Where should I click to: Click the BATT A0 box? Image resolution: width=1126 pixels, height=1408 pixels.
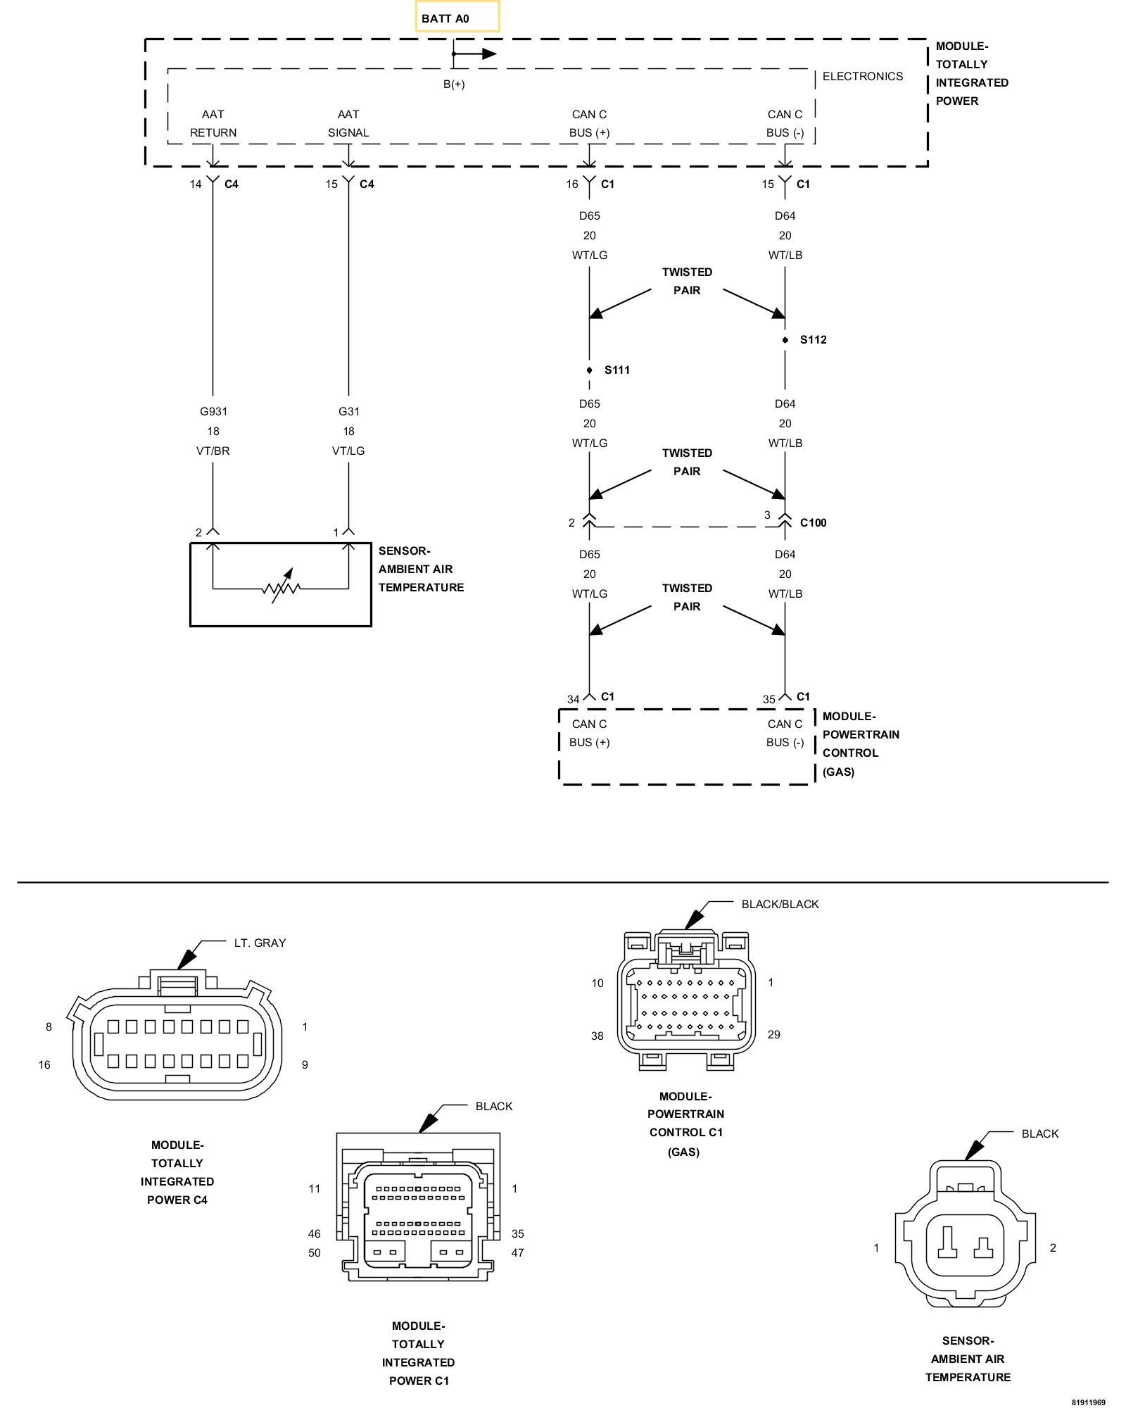pos(457,17)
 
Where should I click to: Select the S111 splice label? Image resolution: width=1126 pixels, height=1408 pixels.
pos(617,370)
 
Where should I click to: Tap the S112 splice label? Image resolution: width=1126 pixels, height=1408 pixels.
pos(814,340)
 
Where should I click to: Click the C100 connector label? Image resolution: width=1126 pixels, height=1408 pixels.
pos(814,523)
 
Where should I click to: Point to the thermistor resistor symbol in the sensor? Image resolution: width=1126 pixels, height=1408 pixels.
pos(281,586)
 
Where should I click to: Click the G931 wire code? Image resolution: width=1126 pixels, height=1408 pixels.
pos(213,412)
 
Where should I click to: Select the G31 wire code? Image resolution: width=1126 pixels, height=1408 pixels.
pos(348,412)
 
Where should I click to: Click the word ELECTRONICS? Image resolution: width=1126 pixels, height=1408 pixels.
pos(863,77)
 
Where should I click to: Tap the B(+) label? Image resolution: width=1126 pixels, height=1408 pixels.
pos(454,84)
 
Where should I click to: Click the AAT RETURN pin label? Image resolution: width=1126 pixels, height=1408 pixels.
pos(213,123)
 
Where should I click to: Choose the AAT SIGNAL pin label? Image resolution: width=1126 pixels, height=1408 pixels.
pos(348,123)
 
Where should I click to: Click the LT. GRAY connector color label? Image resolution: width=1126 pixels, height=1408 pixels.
pos(260,943)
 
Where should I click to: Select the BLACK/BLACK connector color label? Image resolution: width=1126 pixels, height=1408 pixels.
pos(780,905)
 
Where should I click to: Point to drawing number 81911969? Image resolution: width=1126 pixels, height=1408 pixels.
pos(1089,1402)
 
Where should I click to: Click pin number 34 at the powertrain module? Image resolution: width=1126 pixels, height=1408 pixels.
pos(574,700)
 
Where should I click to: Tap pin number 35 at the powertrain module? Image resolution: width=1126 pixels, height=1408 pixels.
pos(769,700)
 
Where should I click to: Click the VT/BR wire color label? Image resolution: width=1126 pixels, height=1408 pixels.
pos(213,451)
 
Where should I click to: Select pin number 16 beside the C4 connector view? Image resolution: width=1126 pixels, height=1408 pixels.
pos(44,1065)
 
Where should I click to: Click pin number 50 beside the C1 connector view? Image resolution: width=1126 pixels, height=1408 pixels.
pos(314,1253)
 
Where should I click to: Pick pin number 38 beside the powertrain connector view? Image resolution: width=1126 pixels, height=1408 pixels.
pos(597,1036)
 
